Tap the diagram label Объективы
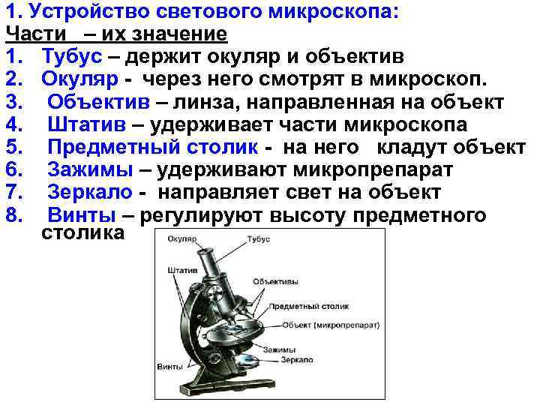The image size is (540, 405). [275, 282]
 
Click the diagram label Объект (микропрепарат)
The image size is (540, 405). [332, 325]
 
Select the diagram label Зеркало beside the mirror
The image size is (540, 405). [298, 361]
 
